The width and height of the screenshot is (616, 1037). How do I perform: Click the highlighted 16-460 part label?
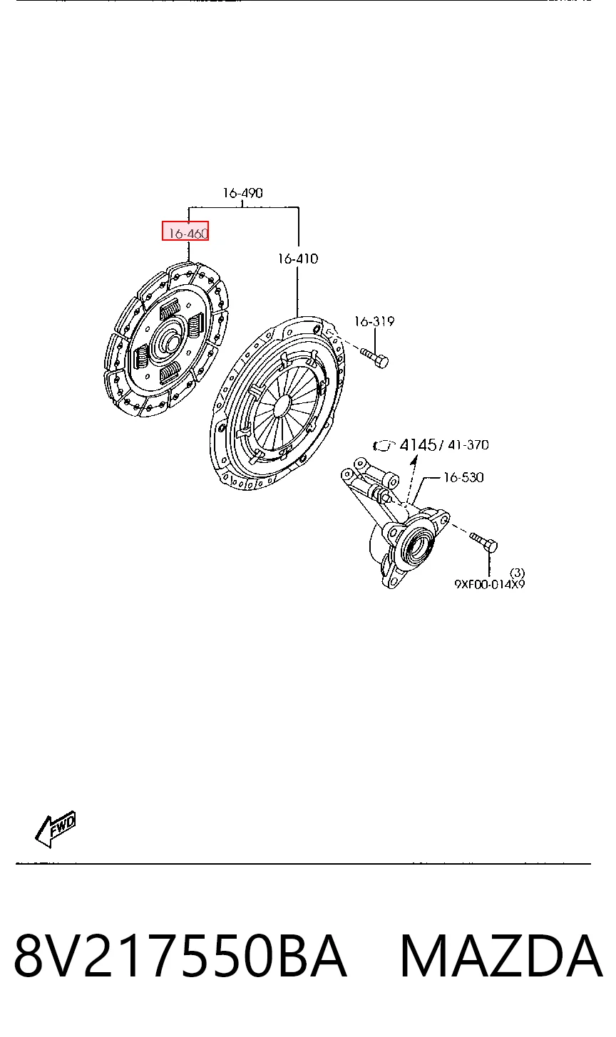[185, 231]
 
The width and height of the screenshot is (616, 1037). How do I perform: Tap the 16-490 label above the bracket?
[243, 192]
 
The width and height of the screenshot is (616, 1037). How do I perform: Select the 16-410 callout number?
[298, 259]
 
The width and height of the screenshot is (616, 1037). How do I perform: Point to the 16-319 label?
[374, 321]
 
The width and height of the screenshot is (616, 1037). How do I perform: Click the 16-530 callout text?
[463, 477]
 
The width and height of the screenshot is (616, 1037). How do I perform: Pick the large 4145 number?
[418, 445]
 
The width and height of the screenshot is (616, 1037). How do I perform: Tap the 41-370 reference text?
[468, 445]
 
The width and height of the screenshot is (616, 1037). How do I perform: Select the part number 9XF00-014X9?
[490, 584]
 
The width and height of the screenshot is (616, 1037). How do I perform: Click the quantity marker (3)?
[518, 573]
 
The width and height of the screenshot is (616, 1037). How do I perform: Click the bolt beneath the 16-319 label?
[374, 358]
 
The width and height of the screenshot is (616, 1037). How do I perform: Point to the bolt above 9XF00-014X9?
[483, 541]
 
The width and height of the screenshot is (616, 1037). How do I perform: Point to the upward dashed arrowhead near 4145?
[414, 460]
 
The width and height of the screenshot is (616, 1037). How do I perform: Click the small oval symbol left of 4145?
[384, 446]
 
